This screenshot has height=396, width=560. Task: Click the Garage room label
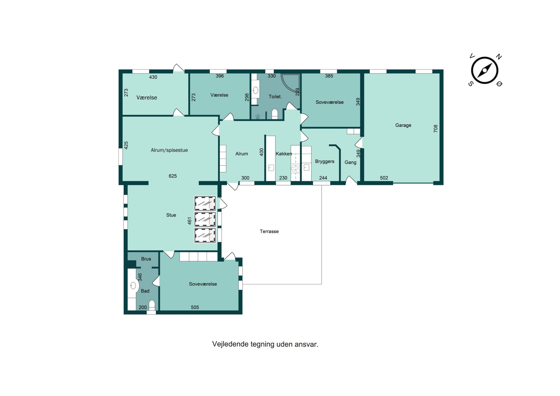point(403,125)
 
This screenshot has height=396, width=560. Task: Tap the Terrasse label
point(269,231)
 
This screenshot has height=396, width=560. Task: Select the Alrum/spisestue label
point(169,150)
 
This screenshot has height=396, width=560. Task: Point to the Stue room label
point(171,215)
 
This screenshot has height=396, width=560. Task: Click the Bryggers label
point(325,161)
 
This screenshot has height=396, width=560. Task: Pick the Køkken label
point(284,154)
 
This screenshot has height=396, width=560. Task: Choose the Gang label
point(350,162)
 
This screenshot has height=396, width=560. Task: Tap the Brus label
point(146,259)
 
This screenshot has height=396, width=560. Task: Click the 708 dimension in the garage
point(436,128)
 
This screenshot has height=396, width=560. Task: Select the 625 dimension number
point(173,176)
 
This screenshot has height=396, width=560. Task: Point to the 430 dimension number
point(153,77)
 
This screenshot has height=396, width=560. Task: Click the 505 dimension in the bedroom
point(195,307)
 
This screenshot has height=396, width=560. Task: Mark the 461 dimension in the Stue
point(189,221)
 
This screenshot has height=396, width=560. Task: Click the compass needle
point(484,70)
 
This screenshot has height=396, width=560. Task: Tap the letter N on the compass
point(499,56)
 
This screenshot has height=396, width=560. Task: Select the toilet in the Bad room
point(152,305)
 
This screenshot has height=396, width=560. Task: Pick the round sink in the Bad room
point(134,286)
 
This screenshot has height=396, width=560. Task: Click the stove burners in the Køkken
point(295,169)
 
